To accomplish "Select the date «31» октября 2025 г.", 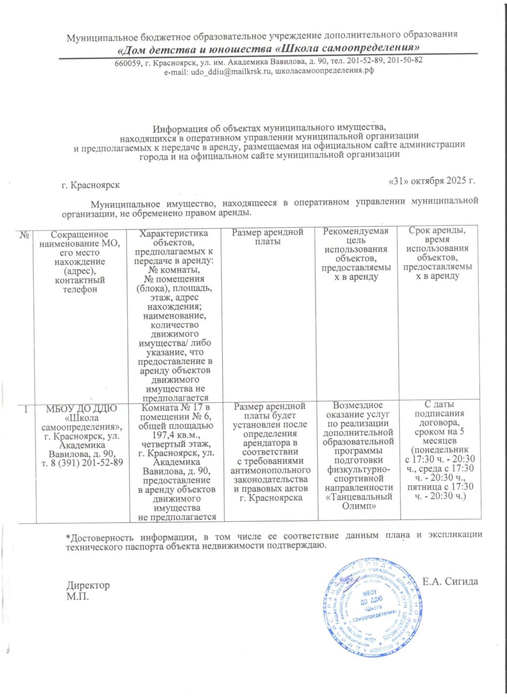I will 431,180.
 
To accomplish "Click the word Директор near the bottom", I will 88,585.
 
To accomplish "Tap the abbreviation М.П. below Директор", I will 78,595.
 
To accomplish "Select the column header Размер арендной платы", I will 268,237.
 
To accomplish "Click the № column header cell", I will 24,234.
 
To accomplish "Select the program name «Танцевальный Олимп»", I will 359,501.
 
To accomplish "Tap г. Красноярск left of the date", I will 91,185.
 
